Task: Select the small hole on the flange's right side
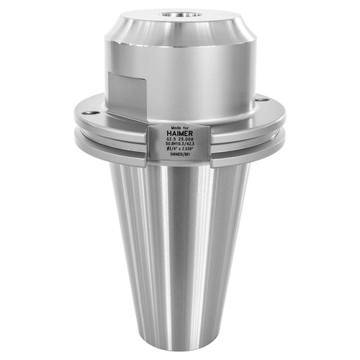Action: click(266, 99)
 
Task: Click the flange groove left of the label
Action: click(115, 136)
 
